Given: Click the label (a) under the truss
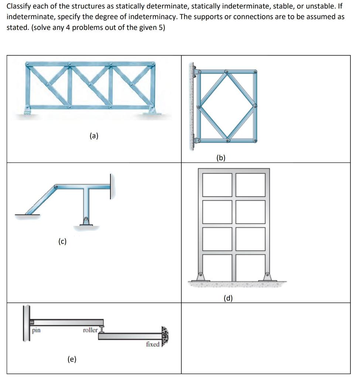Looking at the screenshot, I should (x=94, y=136).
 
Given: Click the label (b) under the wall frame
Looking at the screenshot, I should (x=221, y=158).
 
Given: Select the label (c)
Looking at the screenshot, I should (x=62, y=241).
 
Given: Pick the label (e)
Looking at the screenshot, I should (x=72, y=359).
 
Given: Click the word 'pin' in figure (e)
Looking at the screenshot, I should (x=36, y=330).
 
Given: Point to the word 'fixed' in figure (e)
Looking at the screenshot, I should (x=152, y=344).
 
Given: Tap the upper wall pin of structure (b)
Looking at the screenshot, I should (x=196, y=71).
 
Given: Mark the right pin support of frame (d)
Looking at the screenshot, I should (x=267, y=277).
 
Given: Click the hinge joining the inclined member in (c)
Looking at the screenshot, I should (x=56, y=187).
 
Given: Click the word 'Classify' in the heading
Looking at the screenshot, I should (x=18, y=6).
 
